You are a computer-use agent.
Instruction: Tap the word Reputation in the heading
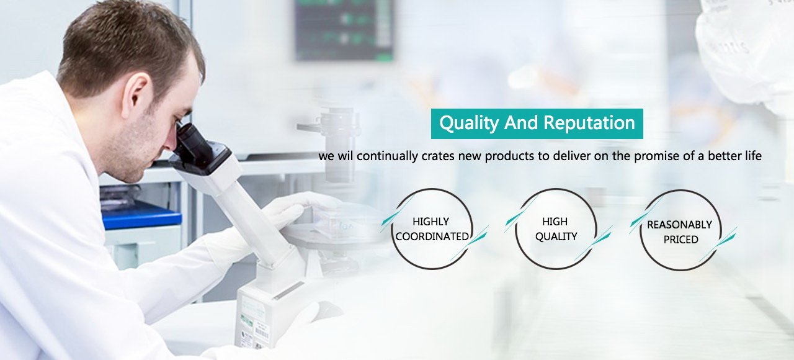(589, 123)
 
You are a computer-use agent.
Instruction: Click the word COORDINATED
(432, 236)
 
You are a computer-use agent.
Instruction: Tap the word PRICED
(681, 240)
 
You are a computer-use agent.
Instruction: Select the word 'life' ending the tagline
(754, 156)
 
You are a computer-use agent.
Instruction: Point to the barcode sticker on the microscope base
(262, 333)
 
